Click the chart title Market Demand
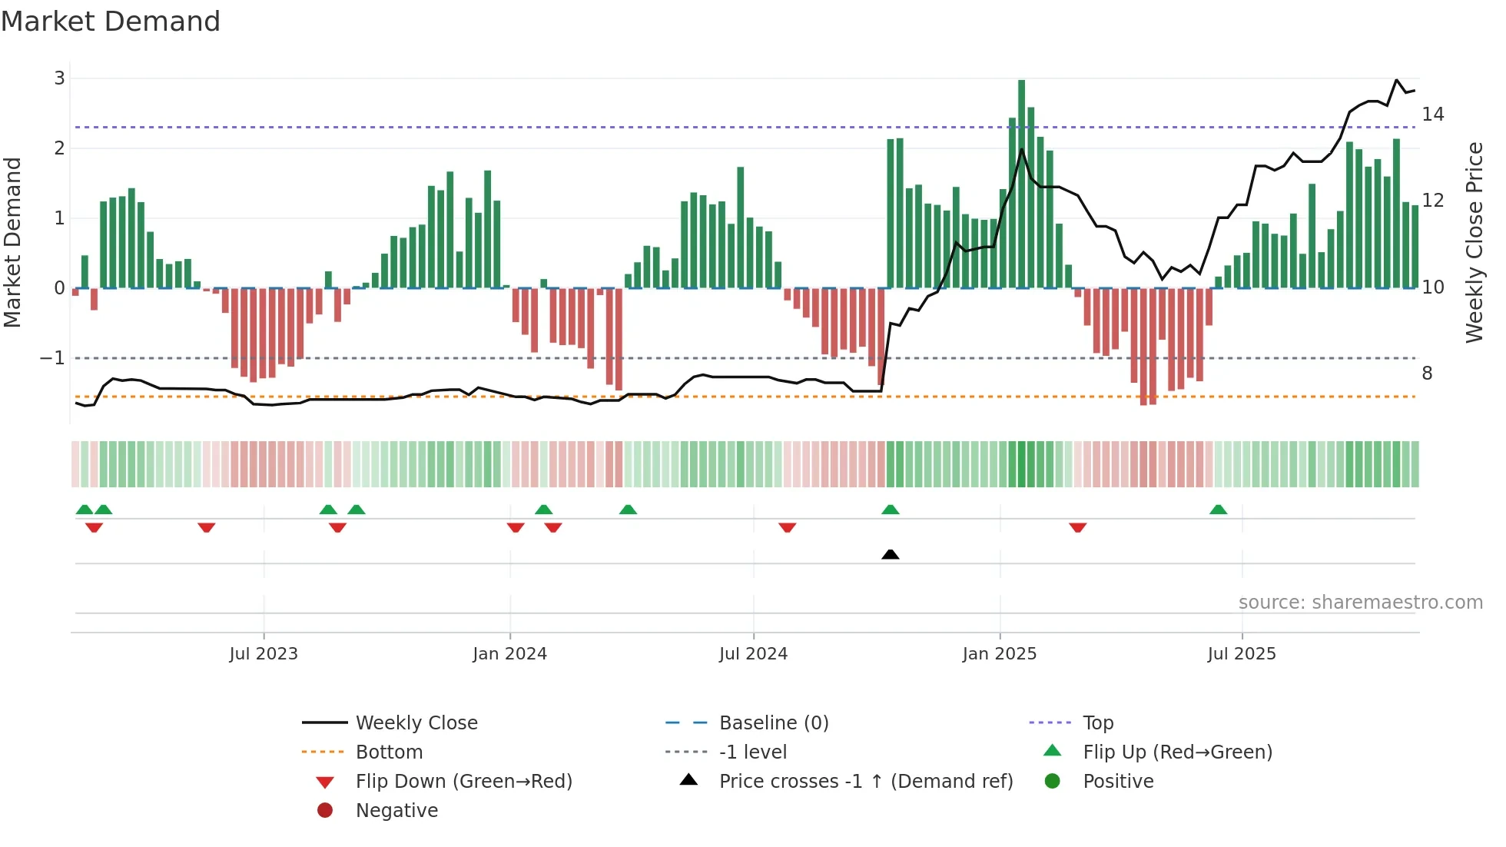pyautogui.click(x=111, y=22)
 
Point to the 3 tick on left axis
pyautogui.click(x=59, y=78)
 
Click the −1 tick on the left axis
pyautogui.click(x=52, y=358)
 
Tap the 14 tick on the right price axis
pyautogui.click(x=1433, y=115)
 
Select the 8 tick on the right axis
pyautogui.click(x=1427, y=374)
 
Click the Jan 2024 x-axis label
pyautogui.click(x=509, y=654)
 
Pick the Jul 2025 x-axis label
pyautogui.click(x=1242, y=654)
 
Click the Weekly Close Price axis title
pyautogui.click(x=1474, y=242)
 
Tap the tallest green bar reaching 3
pyautogui.click(x=1021, y=184)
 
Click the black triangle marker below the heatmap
pyautogui.click(x=890, y=554)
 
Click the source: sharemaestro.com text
pyautogui.click(x=1360, y=603)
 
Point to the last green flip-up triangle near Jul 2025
pyautogui.click(x=1218, y=510)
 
